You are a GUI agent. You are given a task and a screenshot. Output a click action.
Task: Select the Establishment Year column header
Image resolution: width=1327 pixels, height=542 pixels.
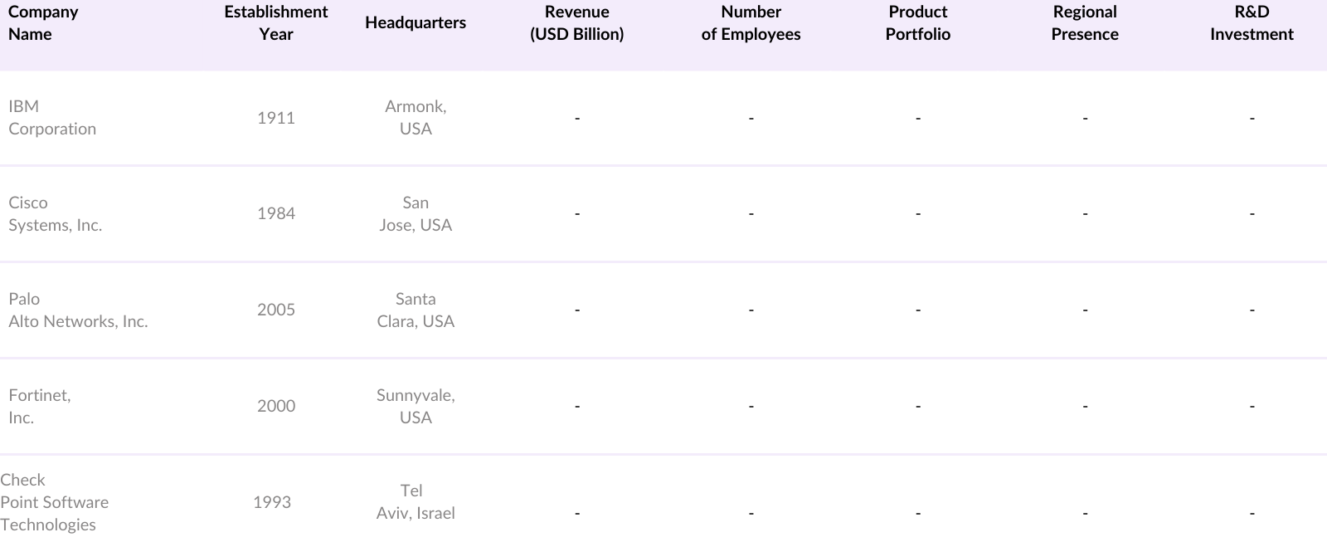(275, 23)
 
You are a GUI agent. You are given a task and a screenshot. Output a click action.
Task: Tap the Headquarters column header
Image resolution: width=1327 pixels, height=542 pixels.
(415, 23)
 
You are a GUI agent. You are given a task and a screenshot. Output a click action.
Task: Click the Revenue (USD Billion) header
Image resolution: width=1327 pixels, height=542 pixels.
(576, 23)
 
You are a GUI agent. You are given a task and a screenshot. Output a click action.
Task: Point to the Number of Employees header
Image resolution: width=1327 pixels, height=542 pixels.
(751, 23)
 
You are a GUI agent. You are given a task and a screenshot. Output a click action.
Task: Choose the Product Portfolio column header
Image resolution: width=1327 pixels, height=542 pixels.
(917, 23)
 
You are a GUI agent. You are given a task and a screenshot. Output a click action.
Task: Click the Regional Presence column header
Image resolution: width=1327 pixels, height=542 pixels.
(1084, 23)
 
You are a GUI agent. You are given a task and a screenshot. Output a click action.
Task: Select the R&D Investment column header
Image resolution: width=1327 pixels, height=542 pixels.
(1251, 23)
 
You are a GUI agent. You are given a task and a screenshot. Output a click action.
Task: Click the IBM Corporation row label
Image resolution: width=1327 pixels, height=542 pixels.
(51, 118)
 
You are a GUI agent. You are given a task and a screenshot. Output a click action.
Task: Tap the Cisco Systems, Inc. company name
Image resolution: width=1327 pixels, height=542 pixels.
(55, 214)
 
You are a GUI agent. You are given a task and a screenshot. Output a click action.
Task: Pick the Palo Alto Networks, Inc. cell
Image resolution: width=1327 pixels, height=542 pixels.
(78, 310)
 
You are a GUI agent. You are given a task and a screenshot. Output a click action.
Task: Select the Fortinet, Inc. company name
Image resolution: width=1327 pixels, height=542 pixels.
(39, 407)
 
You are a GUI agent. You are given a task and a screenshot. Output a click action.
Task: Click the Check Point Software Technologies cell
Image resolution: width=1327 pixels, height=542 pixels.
(54, 502)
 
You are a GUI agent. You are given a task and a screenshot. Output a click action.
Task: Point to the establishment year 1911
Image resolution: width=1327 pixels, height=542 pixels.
(275, 118)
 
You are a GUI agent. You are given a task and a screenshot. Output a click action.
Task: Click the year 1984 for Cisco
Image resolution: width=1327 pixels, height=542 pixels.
(275, 214)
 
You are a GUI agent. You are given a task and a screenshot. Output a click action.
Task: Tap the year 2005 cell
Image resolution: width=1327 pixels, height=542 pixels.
(275, 310)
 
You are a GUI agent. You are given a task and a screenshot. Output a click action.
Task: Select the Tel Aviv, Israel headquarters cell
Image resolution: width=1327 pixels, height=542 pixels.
(415, 502)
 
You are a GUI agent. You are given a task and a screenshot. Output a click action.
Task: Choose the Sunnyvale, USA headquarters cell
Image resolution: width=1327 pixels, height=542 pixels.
(415, 407)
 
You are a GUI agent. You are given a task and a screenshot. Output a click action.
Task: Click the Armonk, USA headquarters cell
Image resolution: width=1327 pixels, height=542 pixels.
(415, 118)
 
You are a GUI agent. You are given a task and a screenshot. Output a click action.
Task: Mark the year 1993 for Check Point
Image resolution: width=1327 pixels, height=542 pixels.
(272, 502)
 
